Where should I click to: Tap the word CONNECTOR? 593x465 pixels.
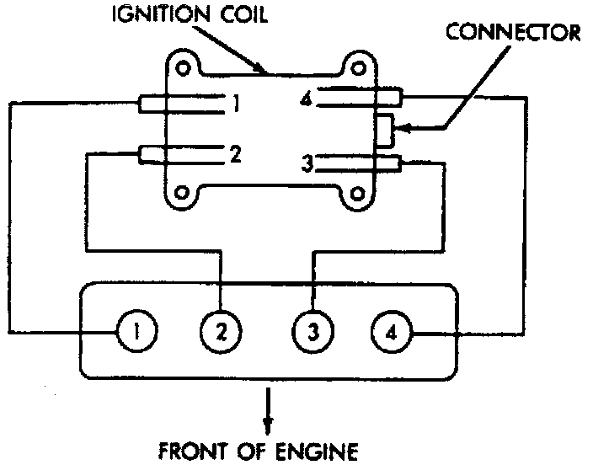click(514, 33)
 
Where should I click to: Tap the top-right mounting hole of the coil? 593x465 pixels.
click(356, 67)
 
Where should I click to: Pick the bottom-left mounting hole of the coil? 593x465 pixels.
click(180, 195)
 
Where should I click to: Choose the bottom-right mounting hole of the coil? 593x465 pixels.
click(357, 195)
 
